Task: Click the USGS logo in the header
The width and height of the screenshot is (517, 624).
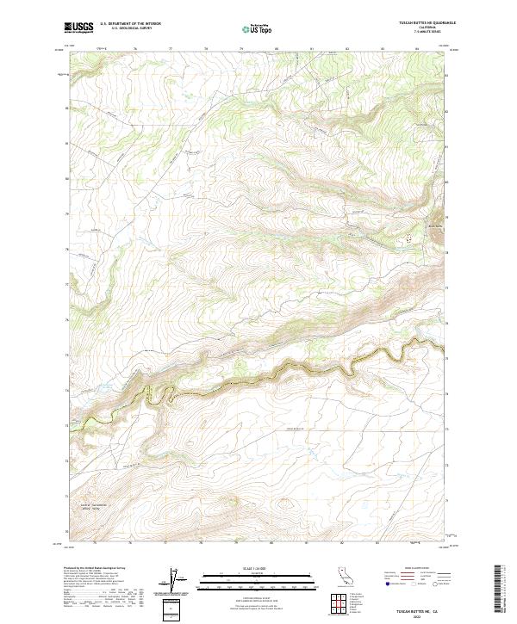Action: (79, 28)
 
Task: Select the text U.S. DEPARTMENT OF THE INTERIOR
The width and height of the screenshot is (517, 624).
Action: (130, 24)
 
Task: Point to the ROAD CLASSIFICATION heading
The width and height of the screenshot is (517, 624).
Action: (417, 569)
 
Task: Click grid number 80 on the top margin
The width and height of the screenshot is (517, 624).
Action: (276, 49)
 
